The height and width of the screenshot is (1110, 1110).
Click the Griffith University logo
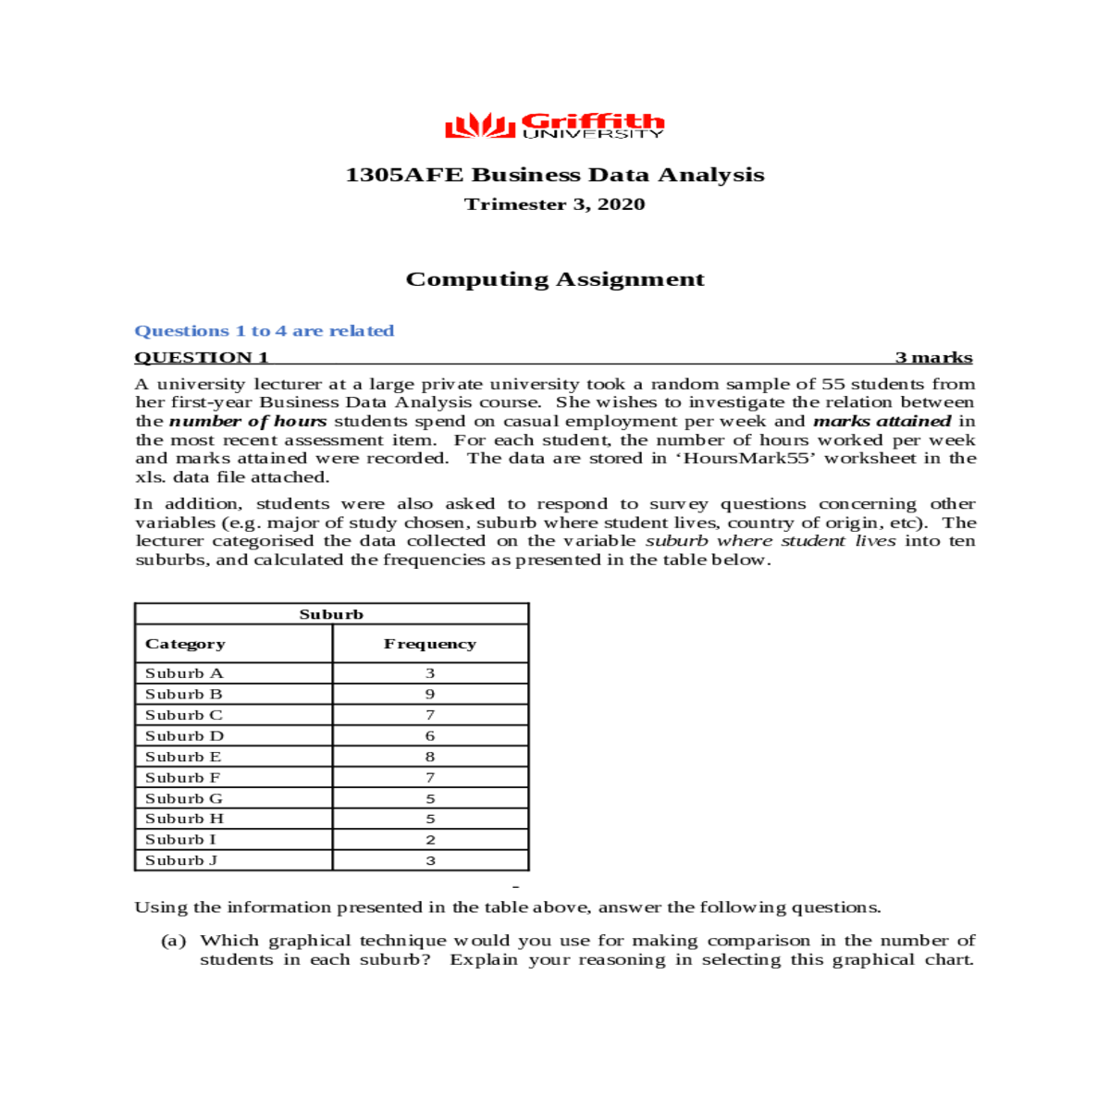554,125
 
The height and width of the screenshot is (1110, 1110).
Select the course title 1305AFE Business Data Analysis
554,175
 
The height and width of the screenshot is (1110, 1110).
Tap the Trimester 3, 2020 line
554,204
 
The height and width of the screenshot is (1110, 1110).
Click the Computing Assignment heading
555,279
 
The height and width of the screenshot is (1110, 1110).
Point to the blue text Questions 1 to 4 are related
265,331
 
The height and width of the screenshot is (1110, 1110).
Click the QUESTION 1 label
202,358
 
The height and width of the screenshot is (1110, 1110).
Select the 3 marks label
933,358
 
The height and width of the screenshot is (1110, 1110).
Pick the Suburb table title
331,614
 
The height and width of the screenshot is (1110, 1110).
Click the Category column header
185,644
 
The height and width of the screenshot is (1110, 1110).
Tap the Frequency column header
430,644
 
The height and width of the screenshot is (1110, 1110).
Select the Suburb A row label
184,673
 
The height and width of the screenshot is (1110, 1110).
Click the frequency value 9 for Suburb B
430,695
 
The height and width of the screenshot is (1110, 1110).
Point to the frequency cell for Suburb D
430,736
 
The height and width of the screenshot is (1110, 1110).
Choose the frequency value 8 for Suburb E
430,757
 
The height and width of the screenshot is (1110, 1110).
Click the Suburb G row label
184,798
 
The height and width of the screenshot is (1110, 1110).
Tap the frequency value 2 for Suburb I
430,840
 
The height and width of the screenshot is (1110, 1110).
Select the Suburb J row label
181,860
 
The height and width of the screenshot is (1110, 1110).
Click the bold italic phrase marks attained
882,421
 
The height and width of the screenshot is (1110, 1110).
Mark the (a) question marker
173,941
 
